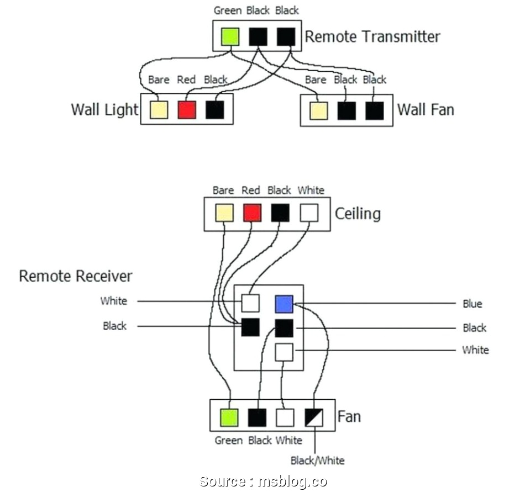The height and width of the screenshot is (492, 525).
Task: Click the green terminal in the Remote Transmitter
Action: [230, 37]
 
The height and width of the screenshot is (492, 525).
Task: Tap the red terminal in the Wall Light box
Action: [187, 109]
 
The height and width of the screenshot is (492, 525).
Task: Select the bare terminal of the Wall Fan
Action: [318, 110]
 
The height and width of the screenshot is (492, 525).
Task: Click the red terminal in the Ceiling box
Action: [252, 213]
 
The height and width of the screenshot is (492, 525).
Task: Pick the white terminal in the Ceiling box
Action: [309, 213]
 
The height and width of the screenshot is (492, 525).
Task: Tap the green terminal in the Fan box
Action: [229, 417]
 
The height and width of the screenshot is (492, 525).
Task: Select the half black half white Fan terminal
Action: [314, 417]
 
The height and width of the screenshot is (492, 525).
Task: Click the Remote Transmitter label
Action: [372, 37]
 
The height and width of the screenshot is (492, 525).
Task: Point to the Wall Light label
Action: [104, 109]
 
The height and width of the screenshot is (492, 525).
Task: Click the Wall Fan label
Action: [426, 109]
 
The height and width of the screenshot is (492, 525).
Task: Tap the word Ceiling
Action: [358, 213]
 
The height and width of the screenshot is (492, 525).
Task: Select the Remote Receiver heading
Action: [76, 276]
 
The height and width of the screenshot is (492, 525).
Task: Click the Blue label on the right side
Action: [473, 304]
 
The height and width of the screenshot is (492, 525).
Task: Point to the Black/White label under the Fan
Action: [317, 461]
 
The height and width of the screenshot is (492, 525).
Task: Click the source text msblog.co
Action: [263, 482]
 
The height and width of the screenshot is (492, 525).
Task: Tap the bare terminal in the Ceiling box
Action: [223, 213]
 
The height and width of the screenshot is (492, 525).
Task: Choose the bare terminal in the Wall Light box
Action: [159, 109]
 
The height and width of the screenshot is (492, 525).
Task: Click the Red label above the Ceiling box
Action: [250, 191]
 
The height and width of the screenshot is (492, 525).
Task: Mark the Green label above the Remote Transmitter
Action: [228, 10]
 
